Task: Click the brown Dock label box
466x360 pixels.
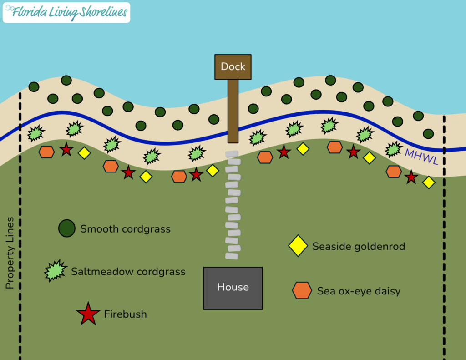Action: [233, 67]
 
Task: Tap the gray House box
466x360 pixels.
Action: [233, 288]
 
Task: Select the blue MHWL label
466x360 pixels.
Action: [422, 157]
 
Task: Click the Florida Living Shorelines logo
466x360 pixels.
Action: [66, 12]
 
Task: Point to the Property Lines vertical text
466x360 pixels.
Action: [10, 253]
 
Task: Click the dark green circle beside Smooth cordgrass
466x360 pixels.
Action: [66, 228]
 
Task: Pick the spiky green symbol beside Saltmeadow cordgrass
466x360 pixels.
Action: [55, 270]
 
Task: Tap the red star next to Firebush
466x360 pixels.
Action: [88, 314]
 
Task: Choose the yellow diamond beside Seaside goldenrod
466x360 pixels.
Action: [298, 246]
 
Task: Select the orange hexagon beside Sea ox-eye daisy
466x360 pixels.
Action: [302, 290]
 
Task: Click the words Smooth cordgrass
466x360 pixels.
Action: [126, 229]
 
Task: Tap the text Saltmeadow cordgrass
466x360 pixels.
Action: [128, 272]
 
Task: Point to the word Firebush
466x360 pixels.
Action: [126, 314]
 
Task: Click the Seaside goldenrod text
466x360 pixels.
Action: [359, 246]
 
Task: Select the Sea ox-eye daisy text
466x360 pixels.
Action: [359, 291]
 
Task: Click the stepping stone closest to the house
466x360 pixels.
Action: [232, 256]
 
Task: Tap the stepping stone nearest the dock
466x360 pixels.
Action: [232, 154]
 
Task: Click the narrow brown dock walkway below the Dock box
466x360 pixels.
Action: [233, 111]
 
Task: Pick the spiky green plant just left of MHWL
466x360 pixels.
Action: [394, 149]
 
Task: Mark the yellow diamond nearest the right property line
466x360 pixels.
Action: [429, 183]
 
